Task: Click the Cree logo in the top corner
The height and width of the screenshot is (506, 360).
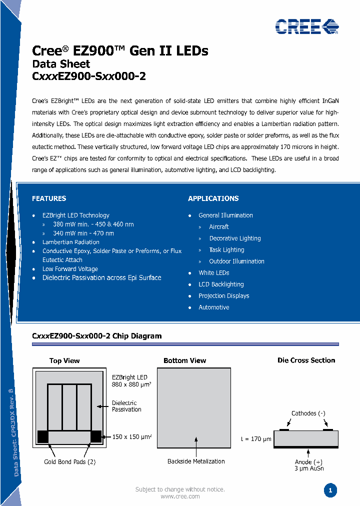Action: (x=306, y=26)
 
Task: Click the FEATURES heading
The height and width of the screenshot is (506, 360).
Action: (x=49, y=198)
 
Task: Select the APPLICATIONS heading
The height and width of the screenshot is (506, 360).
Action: (x=213, y=198)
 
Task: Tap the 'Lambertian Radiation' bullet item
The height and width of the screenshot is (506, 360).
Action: (x=70, y=242)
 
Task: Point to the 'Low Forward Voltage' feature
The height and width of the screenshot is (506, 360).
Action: (x=70, y=269)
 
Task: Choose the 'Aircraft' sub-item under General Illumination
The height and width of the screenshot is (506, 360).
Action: (x=219, y=227)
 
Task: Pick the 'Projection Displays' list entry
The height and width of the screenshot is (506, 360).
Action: (x=223, y=296)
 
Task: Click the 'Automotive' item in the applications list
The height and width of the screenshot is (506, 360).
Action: (x=213, y=307)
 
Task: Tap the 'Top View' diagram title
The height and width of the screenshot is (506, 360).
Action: (x=64, y=360)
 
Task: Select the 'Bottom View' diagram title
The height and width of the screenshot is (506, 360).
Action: (x=184, y=360)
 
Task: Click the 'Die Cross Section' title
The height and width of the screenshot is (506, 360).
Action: (x=306, y=360)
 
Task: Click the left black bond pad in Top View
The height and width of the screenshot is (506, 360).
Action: (x=43, y=436)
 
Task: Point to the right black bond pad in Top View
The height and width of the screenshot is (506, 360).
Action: (x=95, y=436)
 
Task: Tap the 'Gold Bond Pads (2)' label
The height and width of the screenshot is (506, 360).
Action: (x=70, y=462)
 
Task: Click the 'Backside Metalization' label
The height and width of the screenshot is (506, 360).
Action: (x=196, y=461)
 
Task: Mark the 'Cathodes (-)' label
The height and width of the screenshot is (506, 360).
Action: (x=308, y=413)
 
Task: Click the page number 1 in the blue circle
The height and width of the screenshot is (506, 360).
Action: (x=330, y=490)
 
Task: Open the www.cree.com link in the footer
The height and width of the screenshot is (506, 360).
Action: (x=180, y=496)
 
